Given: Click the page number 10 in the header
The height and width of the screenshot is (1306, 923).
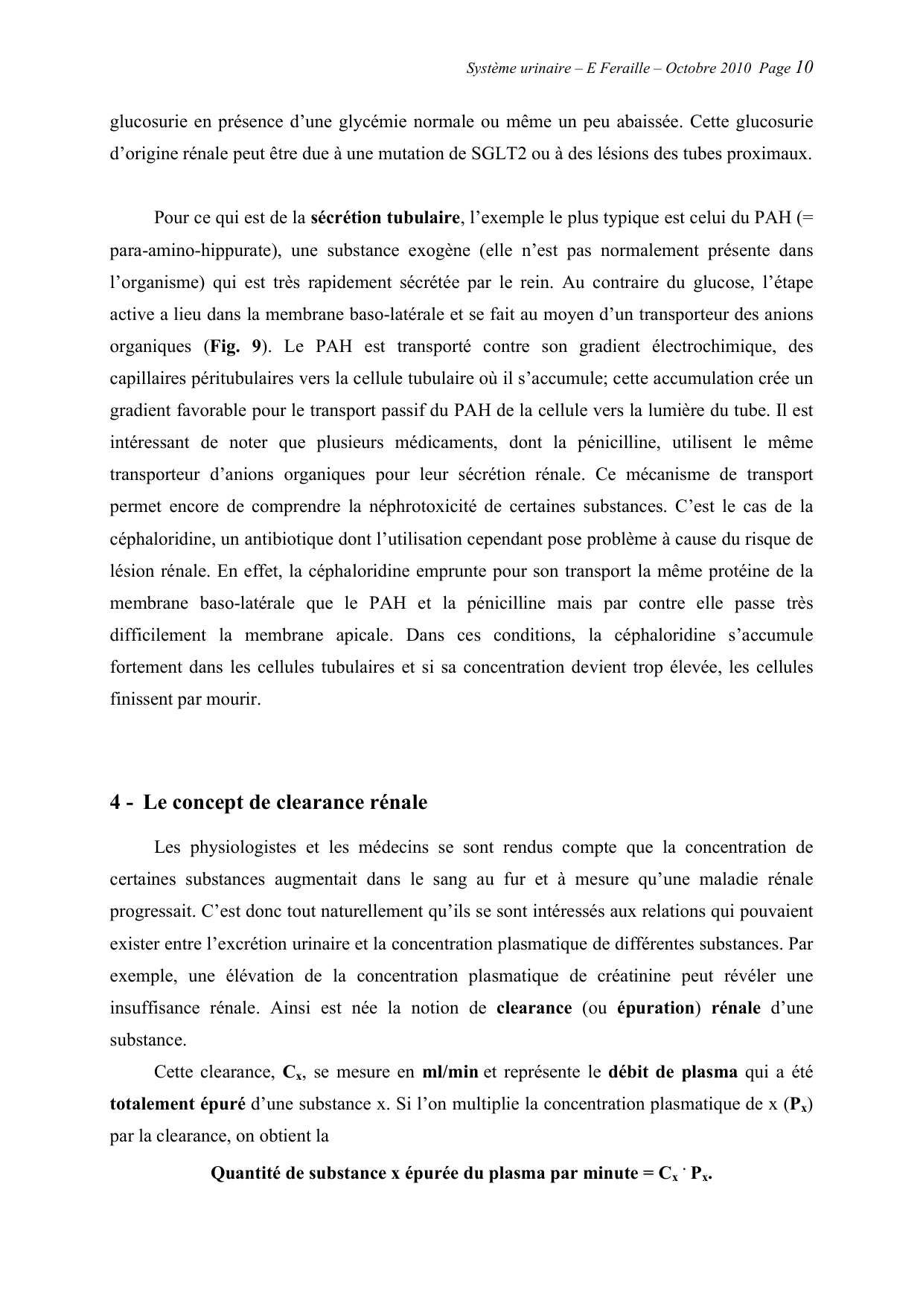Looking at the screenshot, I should [804, 68].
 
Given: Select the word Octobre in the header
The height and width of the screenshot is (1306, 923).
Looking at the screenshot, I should [691, 68].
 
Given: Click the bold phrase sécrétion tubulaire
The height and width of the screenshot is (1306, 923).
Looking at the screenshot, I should [384, 218].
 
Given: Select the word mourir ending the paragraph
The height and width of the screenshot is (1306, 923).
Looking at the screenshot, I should [237, 700].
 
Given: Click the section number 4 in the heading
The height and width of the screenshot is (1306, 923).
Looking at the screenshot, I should [115, 803].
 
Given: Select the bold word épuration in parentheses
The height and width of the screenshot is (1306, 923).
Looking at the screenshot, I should [655, 1008].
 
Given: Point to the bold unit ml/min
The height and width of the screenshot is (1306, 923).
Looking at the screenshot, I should [450, 1072].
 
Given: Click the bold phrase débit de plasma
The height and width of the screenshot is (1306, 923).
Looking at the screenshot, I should [673, 1072].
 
